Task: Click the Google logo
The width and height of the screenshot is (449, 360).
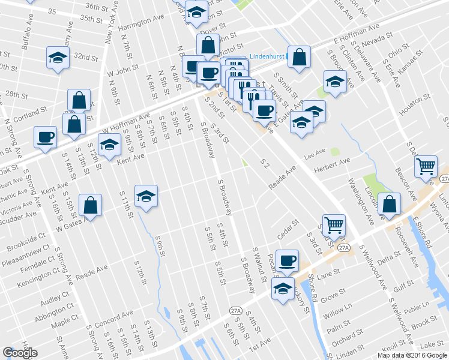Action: pyautogui.click(x=20, y=353)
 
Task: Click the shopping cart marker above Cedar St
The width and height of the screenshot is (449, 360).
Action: pyautogui.click(x=334, y=226)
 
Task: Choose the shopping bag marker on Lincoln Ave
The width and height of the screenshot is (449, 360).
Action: pyautogui.click(x=390, y=205)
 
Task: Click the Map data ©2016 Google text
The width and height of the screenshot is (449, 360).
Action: pyautogui.click(x=412, y=355)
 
